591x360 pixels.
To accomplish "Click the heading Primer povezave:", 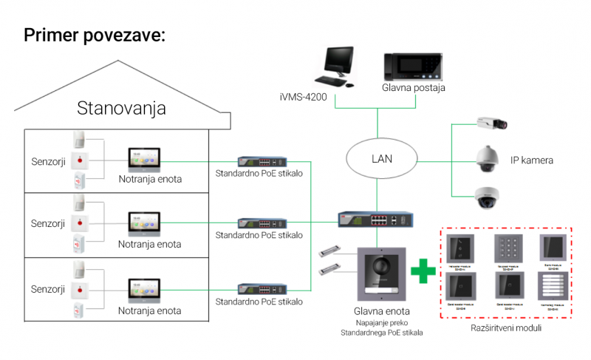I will coord(94,35).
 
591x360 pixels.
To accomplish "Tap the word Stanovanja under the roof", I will coord(121,109).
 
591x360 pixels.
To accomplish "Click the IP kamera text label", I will coord(532,160).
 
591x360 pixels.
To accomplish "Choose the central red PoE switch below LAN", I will coord(372,220).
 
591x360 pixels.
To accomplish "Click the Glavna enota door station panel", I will coord(381,274).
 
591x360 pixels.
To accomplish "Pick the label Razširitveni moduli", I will coord(505,327).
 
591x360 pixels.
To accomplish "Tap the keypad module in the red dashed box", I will coord(507,248).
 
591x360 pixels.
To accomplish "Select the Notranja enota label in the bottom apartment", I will coord(150,310).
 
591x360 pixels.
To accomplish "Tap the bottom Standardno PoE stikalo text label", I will coord(259,301).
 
